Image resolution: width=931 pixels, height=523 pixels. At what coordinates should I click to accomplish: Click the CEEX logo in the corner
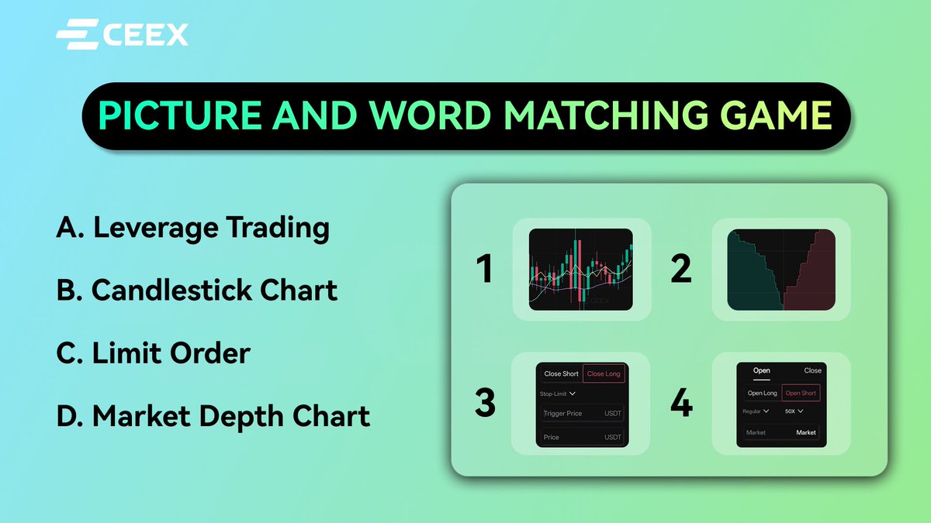(122, 35)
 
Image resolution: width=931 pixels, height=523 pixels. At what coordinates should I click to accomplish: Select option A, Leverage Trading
(193, 229)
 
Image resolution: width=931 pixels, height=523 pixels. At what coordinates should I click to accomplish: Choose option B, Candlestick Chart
(197, 291)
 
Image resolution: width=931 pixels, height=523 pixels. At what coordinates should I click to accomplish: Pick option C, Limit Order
(154, 353)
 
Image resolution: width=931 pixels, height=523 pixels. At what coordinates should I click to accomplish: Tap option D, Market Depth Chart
(213, 416)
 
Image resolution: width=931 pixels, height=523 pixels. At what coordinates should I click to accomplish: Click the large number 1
(485, 270)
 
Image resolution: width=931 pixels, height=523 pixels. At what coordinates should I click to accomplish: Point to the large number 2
(680, 270)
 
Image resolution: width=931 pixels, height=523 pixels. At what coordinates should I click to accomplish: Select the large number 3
(485, 404)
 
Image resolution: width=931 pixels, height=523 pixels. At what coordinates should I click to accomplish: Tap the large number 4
(681, 404)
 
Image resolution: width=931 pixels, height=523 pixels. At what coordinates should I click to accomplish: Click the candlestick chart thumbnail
(580, 270)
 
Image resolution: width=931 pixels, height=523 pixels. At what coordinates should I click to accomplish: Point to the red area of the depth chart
(815, 279)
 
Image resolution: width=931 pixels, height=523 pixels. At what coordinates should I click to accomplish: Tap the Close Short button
(561, 373)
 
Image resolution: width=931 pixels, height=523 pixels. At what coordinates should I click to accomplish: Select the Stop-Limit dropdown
(556, 394)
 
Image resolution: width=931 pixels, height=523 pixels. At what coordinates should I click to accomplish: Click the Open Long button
(762, 393)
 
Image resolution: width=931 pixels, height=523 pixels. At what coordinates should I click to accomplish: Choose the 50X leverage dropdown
(794, 411)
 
